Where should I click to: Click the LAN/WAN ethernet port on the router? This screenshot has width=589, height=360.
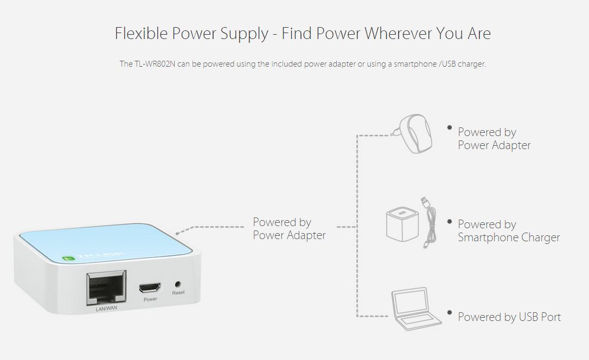point(106,287)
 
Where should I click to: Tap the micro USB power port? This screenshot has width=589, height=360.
point(150,288)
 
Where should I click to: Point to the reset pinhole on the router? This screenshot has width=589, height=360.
point(178,284)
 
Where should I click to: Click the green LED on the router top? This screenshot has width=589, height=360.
point(68,258)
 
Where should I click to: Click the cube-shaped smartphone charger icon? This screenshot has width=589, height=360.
point(402,224)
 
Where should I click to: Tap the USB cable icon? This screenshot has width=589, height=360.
point(429,222)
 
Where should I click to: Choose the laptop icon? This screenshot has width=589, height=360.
point(415,309)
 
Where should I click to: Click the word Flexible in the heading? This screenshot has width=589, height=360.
point(141,33)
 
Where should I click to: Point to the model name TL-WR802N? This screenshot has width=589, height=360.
point(155,64)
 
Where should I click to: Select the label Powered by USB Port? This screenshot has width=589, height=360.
point(509,317)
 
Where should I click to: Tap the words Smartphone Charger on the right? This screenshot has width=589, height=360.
point(509,237)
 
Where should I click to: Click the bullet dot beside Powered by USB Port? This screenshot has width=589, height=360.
point(449,312)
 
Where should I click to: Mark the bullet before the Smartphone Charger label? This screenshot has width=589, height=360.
point(449,222)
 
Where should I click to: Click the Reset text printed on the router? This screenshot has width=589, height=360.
point(178,293)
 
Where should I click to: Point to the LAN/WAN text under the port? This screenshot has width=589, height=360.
point(106,308)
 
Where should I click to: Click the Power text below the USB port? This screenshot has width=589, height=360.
point(150,299)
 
